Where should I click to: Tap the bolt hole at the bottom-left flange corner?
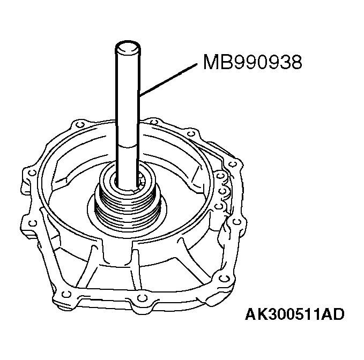tap(65, 292)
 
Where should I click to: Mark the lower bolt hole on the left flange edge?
tap(33, 222)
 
